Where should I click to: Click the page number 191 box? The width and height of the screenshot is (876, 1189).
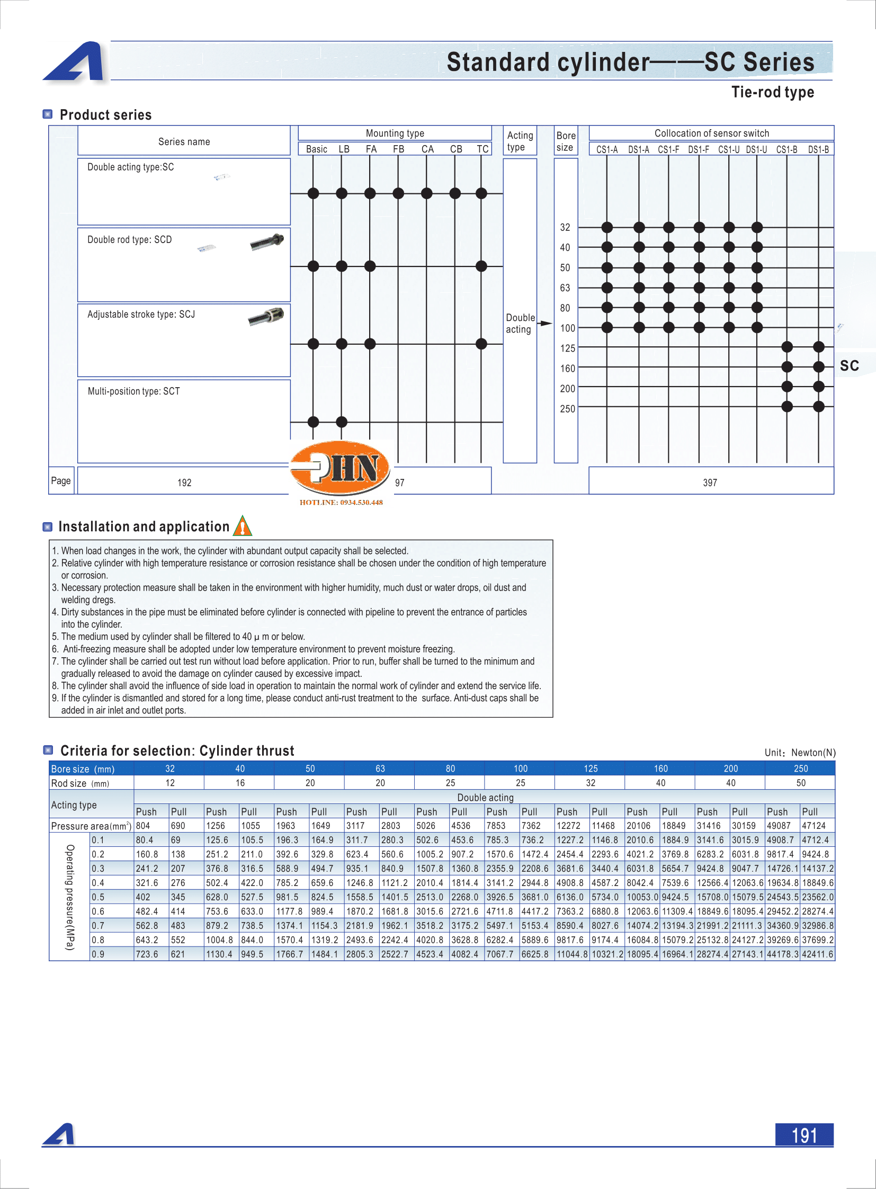coord(803,1134)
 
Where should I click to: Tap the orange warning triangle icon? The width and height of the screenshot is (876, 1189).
coord(243,526)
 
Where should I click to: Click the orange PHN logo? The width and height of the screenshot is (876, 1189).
coord(341,468)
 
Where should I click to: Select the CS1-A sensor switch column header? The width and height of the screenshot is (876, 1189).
coord(606,149)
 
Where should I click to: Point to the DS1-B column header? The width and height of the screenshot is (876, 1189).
coord(818,149)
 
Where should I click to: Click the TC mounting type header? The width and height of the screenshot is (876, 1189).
coord(482,149)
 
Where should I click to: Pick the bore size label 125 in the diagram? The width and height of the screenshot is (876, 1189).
coord(567,348)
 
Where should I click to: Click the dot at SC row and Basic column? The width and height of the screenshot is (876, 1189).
coord(314,193)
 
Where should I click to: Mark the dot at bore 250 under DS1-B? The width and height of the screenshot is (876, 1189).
coord(818,406)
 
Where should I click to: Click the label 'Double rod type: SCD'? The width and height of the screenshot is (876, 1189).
coord(129,240)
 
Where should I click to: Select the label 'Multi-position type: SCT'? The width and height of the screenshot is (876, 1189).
coord(133,391)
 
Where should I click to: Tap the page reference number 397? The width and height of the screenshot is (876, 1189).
coord(710,482)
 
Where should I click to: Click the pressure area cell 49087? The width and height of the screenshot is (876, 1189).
coord(779,826)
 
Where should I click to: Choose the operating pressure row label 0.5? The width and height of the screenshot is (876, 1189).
coord(97,897)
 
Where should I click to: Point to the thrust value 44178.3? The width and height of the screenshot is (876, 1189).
coord(782,954)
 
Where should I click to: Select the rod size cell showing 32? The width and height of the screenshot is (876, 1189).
coord(590,783)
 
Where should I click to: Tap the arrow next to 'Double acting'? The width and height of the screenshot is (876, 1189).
coord(546,323)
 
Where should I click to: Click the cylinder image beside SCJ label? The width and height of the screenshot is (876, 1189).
coord(267,316)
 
